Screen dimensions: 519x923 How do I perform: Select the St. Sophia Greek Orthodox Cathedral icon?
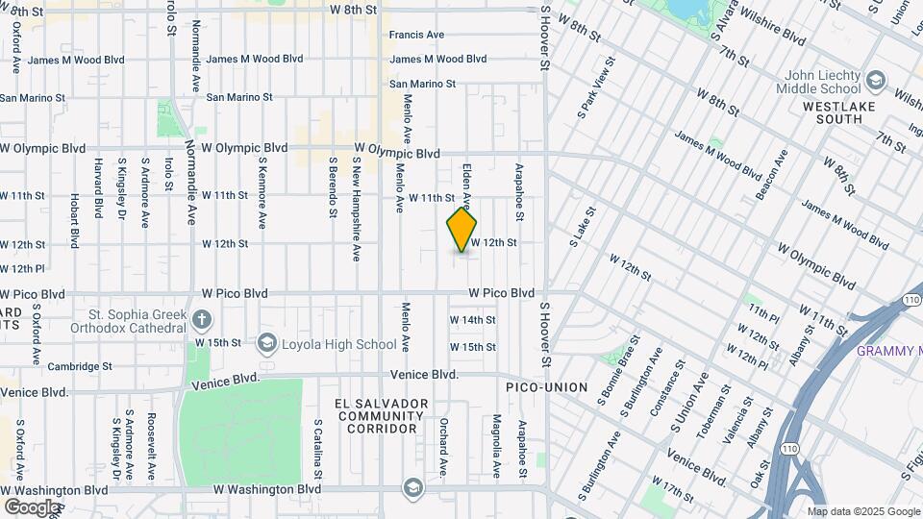pyautogui.click(x=201, y=318)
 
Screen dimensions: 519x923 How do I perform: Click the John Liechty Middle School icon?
pyautogui.click(x=875, y=79)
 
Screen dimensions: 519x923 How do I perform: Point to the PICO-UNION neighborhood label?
pyautogui.click(x=547, y=387)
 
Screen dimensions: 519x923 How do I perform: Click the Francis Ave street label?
pyautogui.click(x=416, y=35)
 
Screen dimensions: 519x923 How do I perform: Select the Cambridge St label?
pyautogui.click(x=81, y=366)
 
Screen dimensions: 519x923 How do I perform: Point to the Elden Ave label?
pyautogui.click(x=466, y=185)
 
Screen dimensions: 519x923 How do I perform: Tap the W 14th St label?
pyautogui.click(x=472, y=320)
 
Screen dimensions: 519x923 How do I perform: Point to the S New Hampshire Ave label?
pyautogui.click(x=355, y=210)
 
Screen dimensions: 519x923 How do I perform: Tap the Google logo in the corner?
pyautogui.click(x=31, y=507)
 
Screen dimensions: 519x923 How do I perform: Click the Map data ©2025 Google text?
pyautogui.click(x=862, y=511)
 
